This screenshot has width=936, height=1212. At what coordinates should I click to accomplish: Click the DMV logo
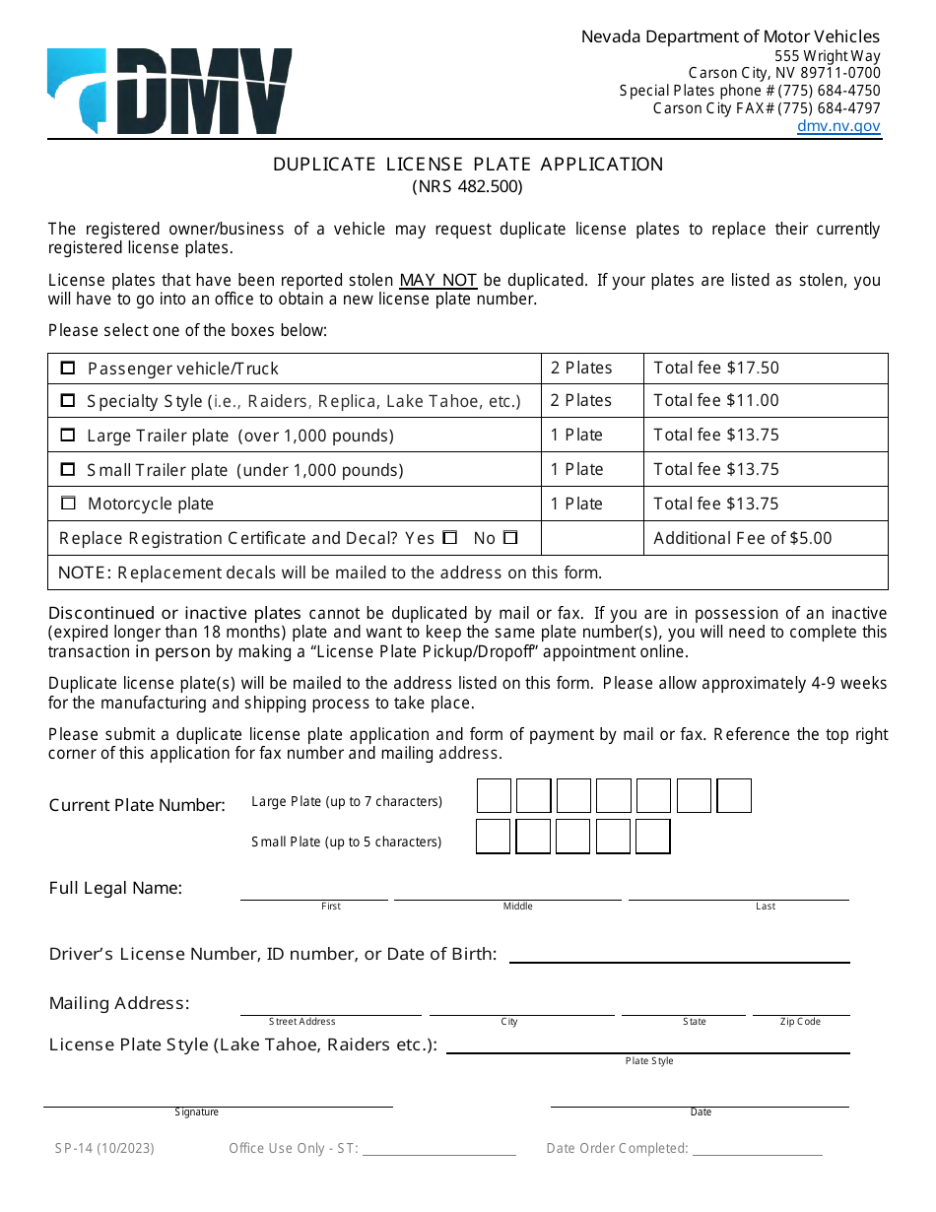(x=169, y=91)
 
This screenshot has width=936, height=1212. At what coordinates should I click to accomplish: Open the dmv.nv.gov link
(x=838, y=126)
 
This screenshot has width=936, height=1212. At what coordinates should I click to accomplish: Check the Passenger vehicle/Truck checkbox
(x=68, y=369)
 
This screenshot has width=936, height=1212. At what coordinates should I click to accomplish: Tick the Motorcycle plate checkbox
(x=68, y=504)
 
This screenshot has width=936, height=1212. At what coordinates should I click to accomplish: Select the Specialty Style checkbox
(x=68, y=401)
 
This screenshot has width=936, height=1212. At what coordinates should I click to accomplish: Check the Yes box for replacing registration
(x=450, y=538)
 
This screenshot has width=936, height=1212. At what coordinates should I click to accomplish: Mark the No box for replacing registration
(x=510, y=538)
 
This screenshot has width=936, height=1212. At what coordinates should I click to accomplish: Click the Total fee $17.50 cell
(x=765, y=369)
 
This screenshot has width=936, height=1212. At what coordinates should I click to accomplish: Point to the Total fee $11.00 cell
(x=765, y=401)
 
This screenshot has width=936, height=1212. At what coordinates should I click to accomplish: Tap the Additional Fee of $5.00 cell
(x=765, y=538)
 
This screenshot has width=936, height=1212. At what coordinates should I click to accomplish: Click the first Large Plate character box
(x=494, y=796)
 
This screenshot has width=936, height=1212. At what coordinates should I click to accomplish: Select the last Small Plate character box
(x=652, y=837)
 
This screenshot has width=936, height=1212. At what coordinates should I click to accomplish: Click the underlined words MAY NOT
(x=438, y=281)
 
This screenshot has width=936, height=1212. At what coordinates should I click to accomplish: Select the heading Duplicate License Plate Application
(x=468, y=165)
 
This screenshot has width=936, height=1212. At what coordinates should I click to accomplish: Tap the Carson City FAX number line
(x=767, y=108)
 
